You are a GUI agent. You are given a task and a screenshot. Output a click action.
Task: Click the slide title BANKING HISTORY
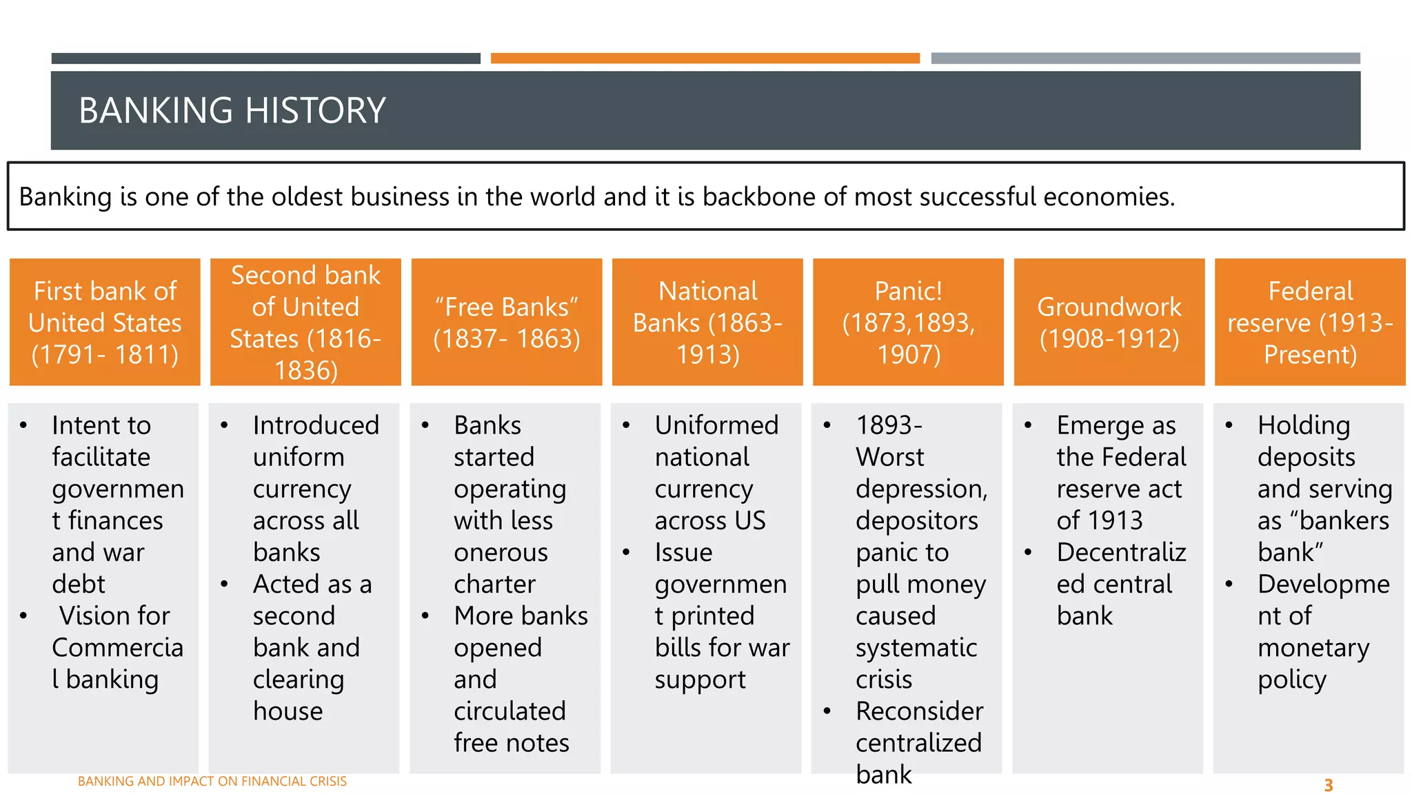pos(232,110)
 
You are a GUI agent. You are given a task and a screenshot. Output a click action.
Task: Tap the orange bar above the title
pos(705,59)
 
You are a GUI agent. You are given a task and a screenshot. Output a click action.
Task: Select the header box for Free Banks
pos(507,322)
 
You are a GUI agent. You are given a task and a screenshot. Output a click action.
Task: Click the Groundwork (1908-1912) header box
pos(1109,322)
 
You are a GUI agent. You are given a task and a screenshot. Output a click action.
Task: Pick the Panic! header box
pos(908,322)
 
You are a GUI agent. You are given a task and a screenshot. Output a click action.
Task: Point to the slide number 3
pos(1328,785)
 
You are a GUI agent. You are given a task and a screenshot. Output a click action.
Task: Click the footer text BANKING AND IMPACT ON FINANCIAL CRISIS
pos(212,781)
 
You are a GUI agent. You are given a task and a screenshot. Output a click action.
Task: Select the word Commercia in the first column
pos(117,648)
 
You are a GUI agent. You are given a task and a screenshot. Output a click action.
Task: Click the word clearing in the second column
pos(298,680)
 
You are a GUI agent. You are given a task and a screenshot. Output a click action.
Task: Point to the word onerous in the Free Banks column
pos(501,553)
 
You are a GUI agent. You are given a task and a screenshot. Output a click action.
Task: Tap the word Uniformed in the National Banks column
pos(716,425)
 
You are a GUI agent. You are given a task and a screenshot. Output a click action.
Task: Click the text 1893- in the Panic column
pos(889,425)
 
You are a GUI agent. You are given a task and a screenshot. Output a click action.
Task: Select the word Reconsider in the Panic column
pos(919,711)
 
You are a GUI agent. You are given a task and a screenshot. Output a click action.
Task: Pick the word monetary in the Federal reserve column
pos(1313,649)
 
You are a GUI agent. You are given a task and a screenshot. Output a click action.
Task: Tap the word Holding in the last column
pos(1303,425)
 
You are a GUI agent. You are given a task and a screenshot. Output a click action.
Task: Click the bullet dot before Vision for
pos(24,615)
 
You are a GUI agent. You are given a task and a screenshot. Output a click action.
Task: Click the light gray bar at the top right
pos(1145,59)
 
